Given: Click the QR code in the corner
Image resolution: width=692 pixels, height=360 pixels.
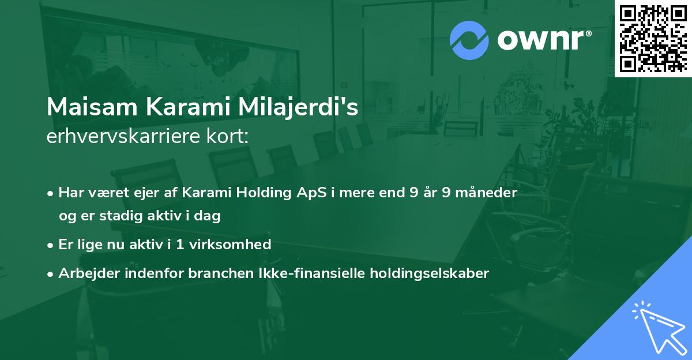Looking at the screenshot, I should click(653, 37).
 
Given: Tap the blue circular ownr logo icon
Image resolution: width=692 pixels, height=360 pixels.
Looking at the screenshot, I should click(469, 40).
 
